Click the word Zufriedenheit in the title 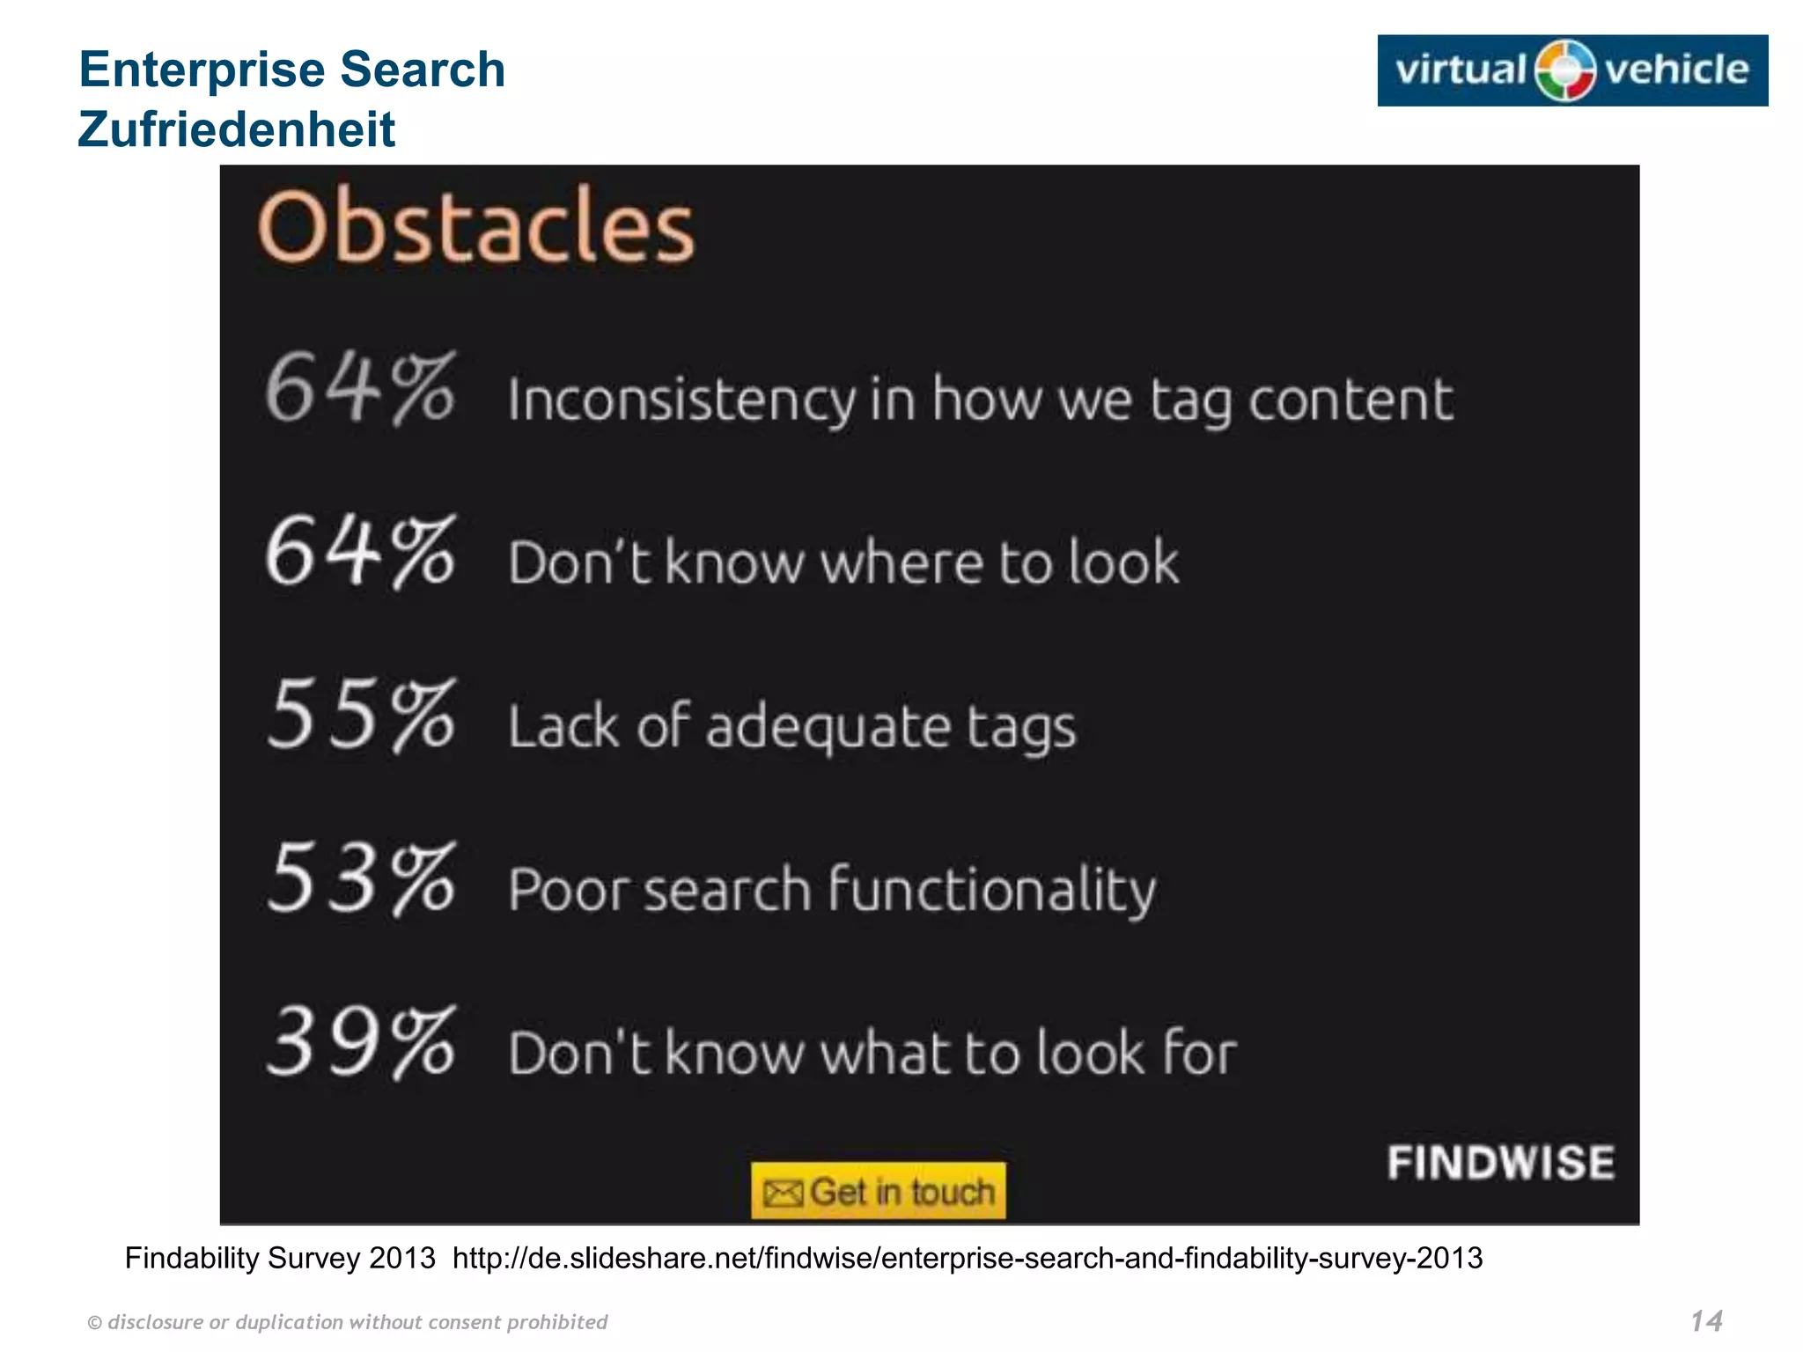coord(237,129)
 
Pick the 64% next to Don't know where coord(360,551)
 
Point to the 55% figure coord(360,715)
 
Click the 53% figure coord(360,878)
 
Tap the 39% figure coord(360,1042)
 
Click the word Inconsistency coord(681,400)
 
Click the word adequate coord(828,728)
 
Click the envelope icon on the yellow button coord(783,1194)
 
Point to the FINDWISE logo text coord(1501,1163)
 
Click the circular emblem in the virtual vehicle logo coord(1565,70)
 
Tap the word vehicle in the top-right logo coord(1676,70)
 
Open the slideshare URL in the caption coord(968,1258)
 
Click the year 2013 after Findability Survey coord(402,1258)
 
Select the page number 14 coord(1706,1320)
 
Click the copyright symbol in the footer coord(95,1323)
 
